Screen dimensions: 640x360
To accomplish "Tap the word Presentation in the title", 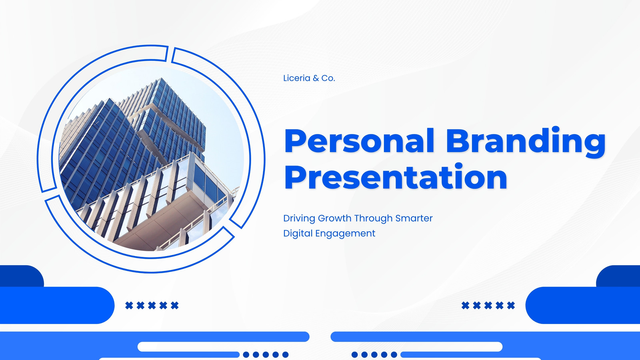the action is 396,177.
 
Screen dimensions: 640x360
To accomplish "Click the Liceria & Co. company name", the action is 309,78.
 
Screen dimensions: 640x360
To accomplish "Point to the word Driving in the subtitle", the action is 299,218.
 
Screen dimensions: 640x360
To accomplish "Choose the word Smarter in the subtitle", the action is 414,218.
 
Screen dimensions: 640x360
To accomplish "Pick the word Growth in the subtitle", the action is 334,218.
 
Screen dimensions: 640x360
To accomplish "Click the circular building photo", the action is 152,159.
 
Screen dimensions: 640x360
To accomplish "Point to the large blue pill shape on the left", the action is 57,305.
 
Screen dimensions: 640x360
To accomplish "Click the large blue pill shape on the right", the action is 583,305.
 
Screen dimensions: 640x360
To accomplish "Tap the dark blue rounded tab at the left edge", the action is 22,276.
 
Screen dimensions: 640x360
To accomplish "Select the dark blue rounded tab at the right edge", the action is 618,276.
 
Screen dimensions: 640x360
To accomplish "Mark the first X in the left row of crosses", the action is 129,306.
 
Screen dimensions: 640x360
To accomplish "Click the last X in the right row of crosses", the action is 511,306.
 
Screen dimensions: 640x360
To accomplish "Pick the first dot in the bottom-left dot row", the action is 246,354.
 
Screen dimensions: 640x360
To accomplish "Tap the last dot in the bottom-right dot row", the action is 394,354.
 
